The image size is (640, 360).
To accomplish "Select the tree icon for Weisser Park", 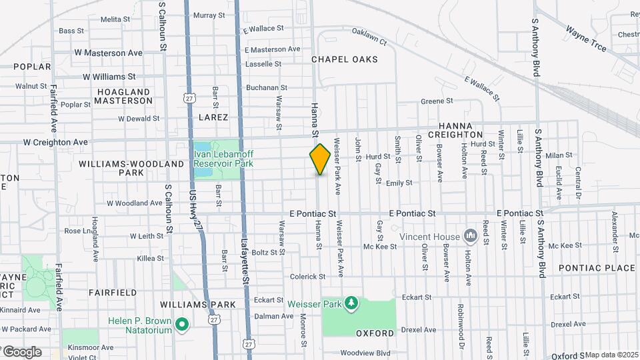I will coord(351,304).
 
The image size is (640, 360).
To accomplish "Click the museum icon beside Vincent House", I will coord(471,236).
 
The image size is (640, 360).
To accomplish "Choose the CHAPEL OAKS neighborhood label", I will coord(345,59).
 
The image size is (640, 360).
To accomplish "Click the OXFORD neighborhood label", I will coord(375,333).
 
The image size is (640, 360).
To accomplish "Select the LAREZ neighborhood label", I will coord(213,117).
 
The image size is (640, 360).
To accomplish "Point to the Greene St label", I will coord(437,101).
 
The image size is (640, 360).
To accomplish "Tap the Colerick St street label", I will coord(307,276).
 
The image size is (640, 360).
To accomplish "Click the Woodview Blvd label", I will coord(365,353).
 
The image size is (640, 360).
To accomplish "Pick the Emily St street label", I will coord(399,182).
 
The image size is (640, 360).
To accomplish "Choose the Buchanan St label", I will coord(267,87).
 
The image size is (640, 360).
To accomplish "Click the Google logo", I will coord(22,351).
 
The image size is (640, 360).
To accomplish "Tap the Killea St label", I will coord(150,258).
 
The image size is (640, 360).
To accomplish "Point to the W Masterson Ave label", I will coord(109,53).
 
